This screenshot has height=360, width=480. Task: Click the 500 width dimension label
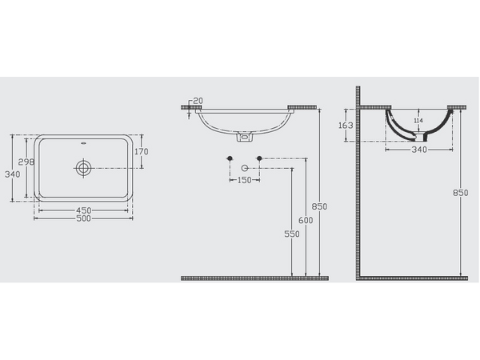(83, 218)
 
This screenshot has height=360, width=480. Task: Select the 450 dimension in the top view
(83, 210)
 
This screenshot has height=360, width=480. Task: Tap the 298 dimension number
(26, 162)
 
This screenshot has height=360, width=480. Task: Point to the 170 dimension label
(142, 151)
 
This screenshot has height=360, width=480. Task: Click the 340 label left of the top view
(13, 174)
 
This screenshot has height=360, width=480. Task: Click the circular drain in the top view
(83, 168)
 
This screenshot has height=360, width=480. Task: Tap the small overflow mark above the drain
(83, 143)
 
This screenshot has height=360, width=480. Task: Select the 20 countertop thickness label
(198, 101)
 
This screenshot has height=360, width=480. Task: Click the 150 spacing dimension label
(244, 180)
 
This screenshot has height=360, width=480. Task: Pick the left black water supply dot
(230, 158)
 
